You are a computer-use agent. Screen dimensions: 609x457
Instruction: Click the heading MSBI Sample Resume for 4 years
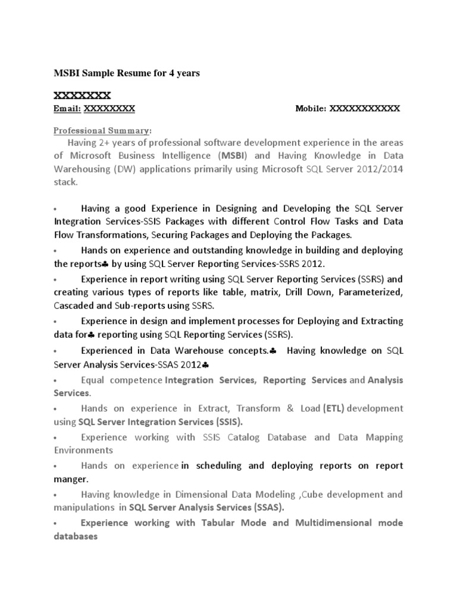pyautogui.click(x=127, y=73)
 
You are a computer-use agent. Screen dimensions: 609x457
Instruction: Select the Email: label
pyautogui.click(x=67, y=109)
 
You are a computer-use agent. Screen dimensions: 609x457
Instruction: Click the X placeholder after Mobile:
pyautogui.click(x=365, y=109)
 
